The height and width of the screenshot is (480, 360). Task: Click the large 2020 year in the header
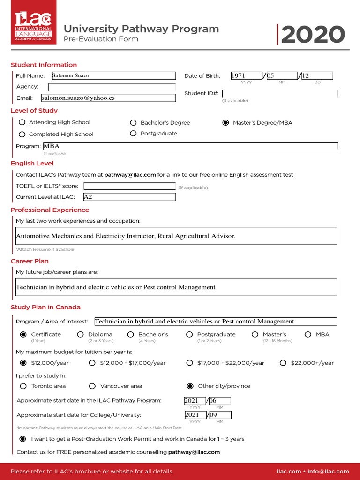pos(313,35)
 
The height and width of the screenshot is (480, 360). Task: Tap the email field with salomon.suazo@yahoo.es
pos(108,98)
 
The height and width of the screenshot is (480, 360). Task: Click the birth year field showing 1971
pos(247,75)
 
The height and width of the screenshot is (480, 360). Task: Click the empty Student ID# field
pos(280,93)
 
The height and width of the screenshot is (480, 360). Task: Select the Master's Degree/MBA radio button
pos(225,123)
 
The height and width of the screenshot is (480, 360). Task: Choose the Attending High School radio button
pos(22,122)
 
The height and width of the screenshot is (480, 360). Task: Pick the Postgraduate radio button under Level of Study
pos(133,134)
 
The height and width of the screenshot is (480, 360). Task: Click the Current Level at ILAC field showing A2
pos(129,197)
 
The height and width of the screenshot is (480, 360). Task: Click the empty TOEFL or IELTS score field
pos(129,186)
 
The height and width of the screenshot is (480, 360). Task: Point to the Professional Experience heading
pos(50,210)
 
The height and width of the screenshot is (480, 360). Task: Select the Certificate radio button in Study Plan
pos(23,335)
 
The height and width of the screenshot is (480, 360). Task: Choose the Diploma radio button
pos(80,335)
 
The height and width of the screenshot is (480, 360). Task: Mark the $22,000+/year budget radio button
pos(283,363)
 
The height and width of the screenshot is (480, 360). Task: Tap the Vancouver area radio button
pos(92,386)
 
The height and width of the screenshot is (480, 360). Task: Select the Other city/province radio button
pos(190,386)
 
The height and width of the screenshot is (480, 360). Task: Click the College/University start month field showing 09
pos(219,415)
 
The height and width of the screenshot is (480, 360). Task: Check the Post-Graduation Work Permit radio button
pos(22,439)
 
